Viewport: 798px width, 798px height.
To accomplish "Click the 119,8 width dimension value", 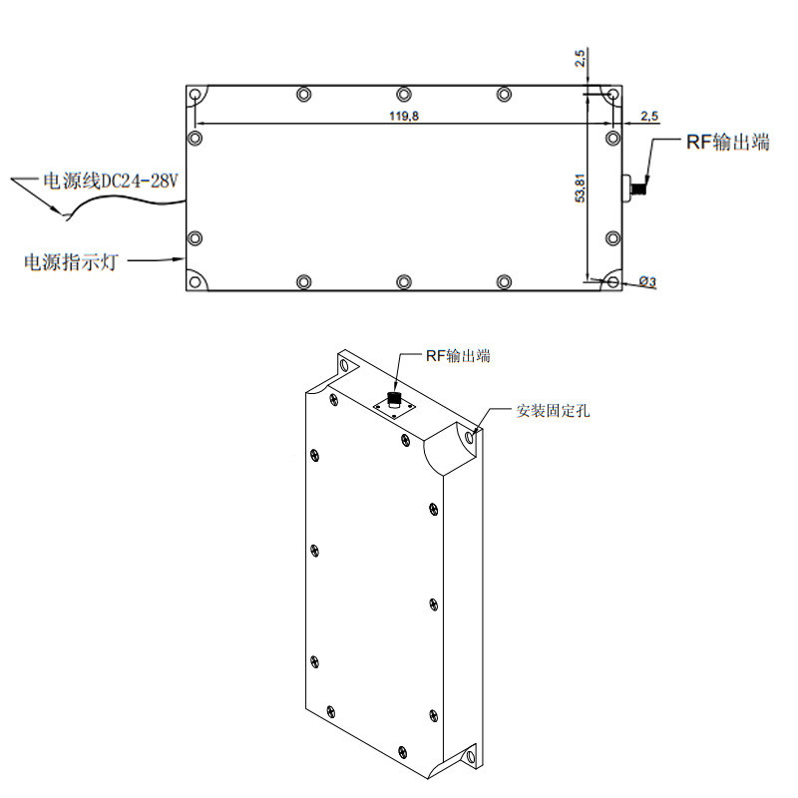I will click(x=403, y=117).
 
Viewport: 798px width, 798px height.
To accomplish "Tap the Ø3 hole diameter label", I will click(x=646, y=283).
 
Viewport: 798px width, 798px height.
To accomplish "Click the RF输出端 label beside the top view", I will click(x=727, y=143).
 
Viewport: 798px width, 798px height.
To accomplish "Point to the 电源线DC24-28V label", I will click(x=108, y=181).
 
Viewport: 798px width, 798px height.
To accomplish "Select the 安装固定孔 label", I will click(x=553, y=410).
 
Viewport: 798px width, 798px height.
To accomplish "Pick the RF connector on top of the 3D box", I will click(x=394, y=401).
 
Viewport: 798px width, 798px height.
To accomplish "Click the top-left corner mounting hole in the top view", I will click(x=196, y=97).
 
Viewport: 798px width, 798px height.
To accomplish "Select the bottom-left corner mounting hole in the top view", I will click(x=196, y=281).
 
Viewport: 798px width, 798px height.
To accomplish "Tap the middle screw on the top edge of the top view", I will click(x=403, y=95).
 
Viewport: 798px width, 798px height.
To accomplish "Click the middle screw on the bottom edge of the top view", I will click(x=403, y=282).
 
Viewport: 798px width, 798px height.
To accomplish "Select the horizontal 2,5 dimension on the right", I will click(x=648, y=118).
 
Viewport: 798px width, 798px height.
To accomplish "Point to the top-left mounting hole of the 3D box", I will click(x=346, y=365).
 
